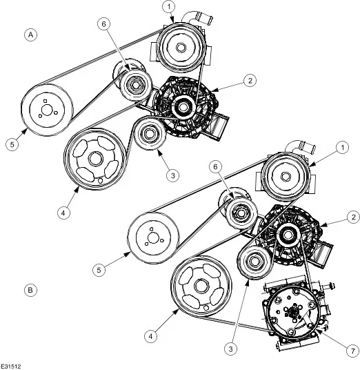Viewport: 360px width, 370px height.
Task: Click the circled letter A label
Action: coord(30,35)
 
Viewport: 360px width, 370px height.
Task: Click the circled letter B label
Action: coord(30,290)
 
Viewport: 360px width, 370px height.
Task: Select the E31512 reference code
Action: coord(11,367)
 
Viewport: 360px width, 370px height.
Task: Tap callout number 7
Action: coord(352,351)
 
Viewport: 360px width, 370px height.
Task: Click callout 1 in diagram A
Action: coord(169,7)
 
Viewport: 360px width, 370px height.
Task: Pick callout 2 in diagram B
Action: coord(353,217)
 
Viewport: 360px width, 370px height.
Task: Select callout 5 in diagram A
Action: coord(12,144)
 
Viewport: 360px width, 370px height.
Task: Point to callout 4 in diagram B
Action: coord(150,335)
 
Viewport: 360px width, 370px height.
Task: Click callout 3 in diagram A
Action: coord(172,175)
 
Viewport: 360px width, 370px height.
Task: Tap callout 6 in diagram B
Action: coord(216,167)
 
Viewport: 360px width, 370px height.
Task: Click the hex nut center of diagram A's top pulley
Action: coord(181,48)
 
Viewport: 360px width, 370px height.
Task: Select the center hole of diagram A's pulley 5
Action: coord(46,110)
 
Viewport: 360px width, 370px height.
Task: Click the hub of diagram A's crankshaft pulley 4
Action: coord(95,159)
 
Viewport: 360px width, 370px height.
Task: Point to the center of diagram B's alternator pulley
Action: coord(288,235)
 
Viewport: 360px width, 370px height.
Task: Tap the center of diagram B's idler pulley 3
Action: coord(254,261)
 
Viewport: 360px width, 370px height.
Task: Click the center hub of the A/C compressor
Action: coord(292,313)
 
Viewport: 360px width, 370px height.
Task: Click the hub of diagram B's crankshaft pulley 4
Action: coord(201,286)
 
